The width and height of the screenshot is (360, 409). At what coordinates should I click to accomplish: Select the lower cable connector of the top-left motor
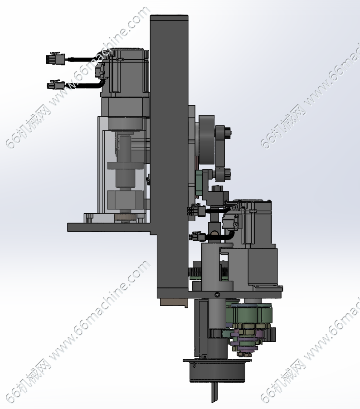(56, 85)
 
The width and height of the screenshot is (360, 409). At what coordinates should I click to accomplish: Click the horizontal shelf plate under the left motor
(110, 227)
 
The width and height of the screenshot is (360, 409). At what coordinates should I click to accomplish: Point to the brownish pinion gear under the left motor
(126, 218)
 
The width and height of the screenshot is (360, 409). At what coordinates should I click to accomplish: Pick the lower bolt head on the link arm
(228, 174)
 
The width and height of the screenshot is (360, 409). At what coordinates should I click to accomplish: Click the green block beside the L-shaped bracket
(199, 181)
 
